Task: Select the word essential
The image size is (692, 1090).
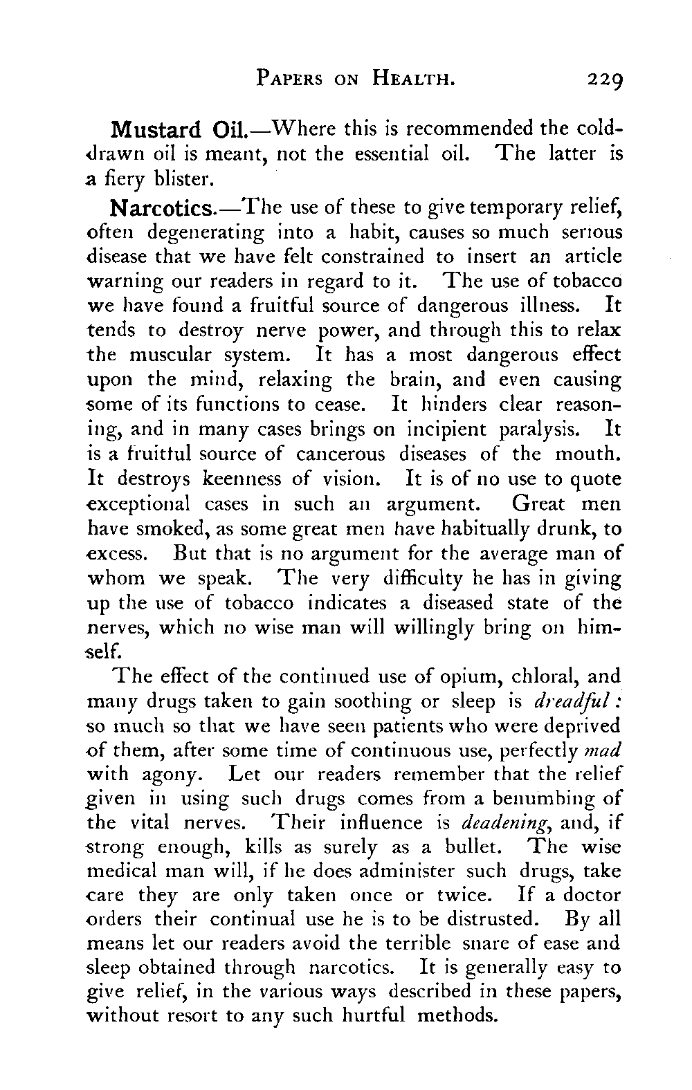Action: pos(376,155)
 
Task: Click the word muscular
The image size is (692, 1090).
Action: pos(184,355)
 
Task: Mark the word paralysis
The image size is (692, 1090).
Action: pos(542,429)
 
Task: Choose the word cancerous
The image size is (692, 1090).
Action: pos(340,454)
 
